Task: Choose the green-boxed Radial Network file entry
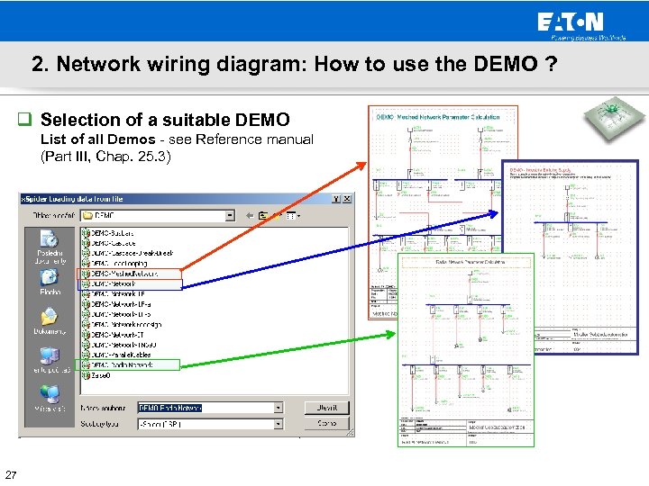[127, 364]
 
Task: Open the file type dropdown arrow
[279, 423]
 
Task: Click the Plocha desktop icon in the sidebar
[50, 279]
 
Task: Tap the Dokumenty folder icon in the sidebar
[50, 319]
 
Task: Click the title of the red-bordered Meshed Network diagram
[442, 118]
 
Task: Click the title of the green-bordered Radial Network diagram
[468, 262]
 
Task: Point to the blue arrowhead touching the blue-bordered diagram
[496, 213]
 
